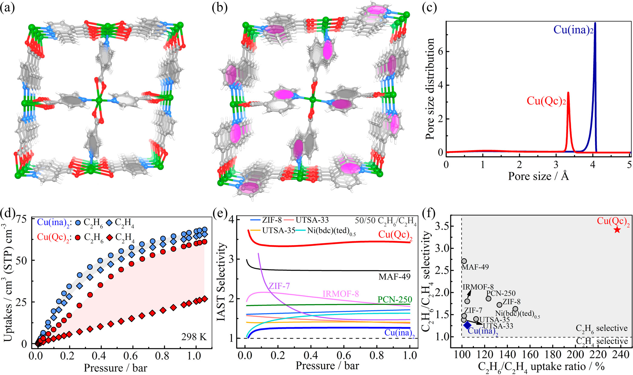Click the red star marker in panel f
click(x=617, y=229)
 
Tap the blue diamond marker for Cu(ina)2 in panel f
click(x=467, y=325)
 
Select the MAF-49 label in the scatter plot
click(x=475, y=267)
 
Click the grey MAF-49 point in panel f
click(x=464, y=261)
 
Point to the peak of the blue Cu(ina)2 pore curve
click(x=595, y=23)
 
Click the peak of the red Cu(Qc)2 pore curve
click(x=568, y=93)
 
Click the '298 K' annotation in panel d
click(x=194, y=336)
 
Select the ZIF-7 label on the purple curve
click(x=279, y=286)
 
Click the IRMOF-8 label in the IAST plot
click(x=340, y=293)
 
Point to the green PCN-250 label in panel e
click(x=394, y=300)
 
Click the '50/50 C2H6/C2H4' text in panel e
click(x=386, y=221)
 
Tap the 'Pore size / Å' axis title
click(x=538, y=176)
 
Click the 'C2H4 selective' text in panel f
click(x=602, y=341)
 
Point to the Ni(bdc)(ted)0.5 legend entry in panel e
click(x=331, y=230)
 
